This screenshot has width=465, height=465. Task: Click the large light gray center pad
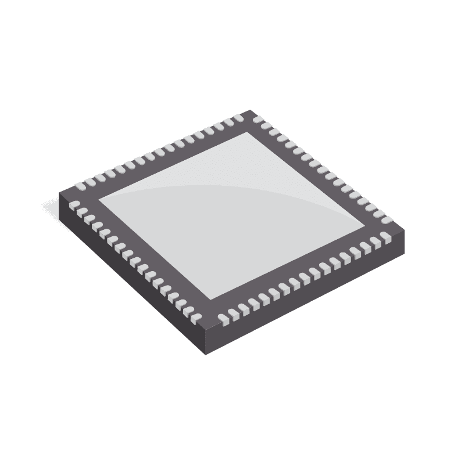(x=233, y=215)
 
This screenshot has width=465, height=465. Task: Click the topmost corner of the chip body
(x=251, y=110)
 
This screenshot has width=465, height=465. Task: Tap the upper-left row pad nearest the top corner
(x=238, y=119)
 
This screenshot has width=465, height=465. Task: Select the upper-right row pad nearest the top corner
(x=259, y=122)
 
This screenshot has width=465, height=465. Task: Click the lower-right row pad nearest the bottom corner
(x=223, y=318)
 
